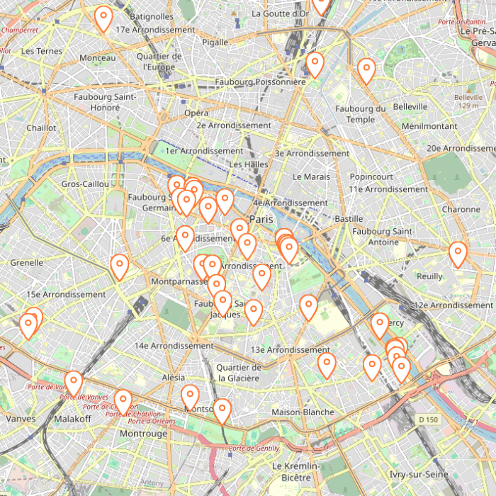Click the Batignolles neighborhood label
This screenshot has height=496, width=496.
pos(152,16)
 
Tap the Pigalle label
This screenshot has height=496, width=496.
pos(215,43)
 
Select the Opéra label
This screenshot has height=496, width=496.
pos(196,113)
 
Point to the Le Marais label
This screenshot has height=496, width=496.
pos(311,176)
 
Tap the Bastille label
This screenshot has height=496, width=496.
pos(349,219)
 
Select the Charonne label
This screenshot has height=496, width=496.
pos(461,210)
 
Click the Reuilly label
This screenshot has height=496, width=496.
pos(429,276)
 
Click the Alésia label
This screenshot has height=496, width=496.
pos(174,378)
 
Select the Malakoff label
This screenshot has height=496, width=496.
pos(72,419)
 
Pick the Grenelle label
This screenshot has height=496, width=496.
pos(27,262)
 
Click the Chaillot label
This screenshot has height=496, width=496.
pos(41,128)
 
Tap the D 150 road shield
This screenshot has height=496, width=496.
pos(428,420)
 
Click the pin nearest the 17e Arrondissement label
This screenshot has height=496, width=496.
pos(103,19)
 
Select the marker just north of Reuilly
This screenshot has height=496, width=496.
pos(458,254)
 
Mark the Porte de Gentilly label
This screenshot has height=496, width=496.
pos(254,449)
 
